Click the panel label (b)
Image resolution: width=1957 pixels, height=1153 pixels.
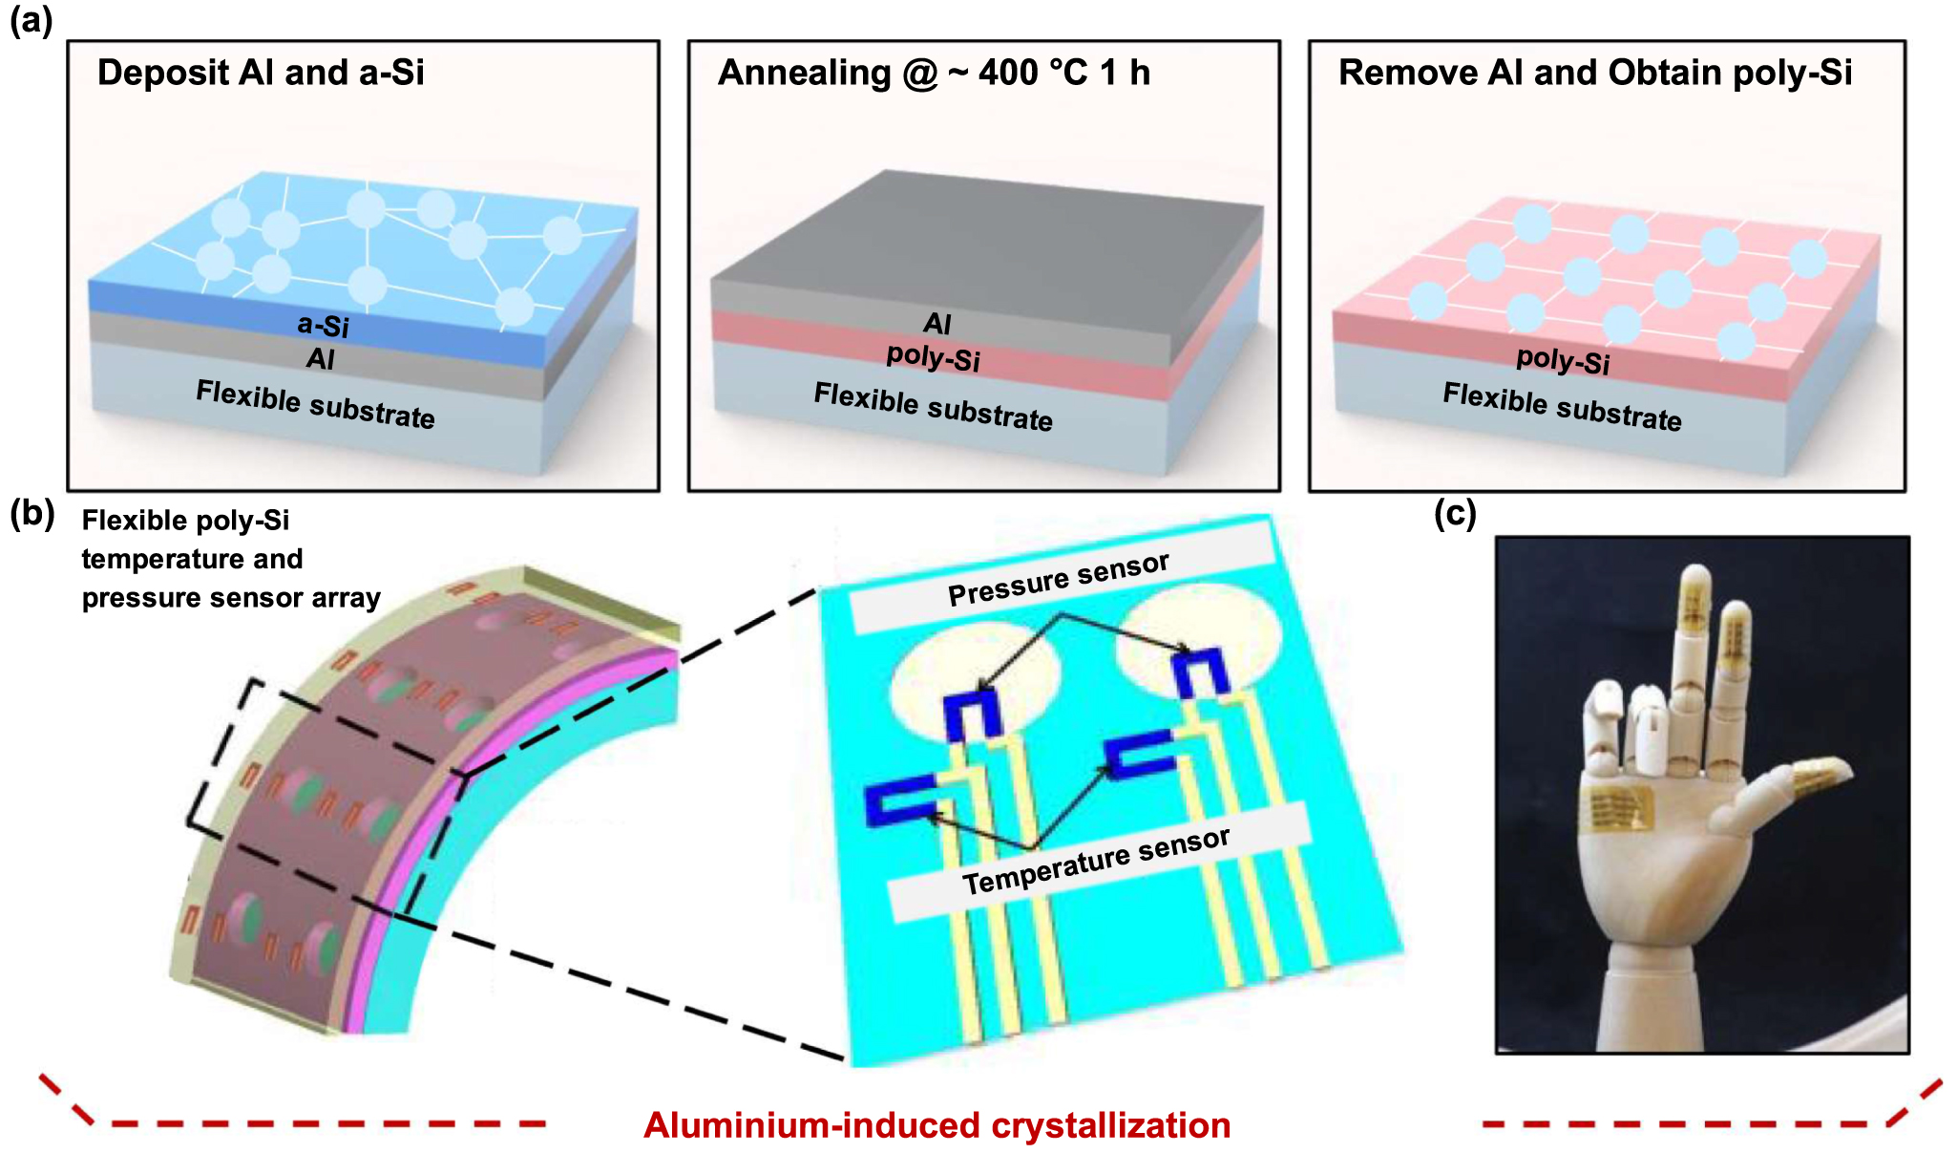32,514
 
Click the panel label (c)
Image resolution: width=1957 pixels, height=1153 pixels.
1455,514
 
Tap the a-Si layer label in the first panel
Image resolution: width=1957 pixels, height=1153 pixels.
323,325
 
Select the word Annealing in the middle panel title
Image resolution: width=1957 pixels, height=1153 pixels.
804,73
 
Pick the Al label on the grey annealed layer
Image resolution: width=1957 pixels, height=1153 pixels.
937,324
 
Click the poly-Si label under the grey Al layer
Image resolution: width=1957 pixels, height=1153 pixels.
933,358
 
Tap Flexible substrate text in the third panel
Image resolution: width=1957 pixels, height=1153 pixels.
1562,407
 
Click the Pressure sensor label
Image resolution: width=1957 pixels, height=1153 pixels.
1058,579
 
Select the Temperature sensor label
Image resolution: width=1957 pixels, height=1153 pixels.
1096,861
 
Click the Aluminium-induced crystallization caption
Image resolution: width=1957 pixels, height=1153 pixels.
936,1125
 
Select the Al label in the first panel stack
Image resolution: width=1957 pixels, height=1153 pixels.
320,359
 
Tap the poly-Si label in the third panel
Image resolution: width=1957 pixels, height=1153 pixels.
1563,360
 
